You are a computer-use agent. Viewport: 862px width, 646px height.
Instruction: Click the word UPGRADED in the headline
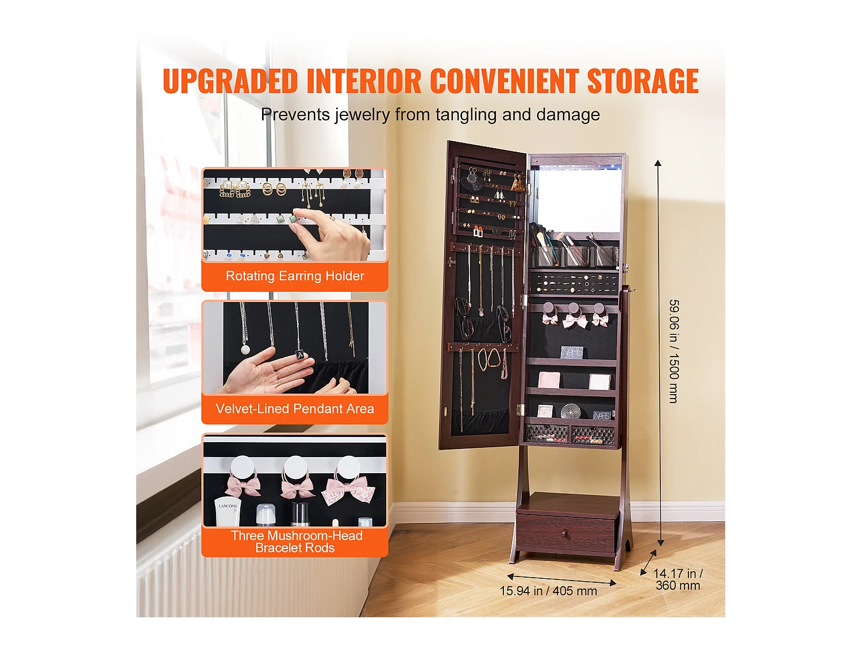click(230, 81)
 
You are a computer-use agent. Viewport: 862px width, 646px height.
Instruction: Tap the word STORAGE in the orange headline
click(642, 81)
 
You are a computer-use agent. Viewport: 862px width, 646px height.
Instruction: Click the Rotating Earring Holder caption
click(295, 276)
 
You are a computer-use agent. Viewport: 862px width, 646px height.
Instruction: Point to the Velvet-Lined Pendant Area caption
click(295, 409)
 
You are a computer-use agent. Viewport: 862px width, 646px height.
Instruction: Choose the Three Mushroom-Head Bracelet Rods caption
click(295, 541)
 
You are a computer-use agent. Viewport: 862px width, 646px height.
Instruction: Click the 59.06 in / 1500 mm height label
click(674, 351)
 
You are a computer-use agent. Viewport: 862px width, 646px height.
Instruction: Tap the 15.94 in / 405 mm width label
click(548, 591)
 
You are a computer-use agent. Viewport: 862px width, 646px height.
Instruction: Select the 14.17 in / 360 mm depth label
click(678, 579)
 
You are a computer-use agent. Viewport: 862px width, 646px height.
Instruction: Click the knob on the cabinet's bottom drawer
click(565, 535)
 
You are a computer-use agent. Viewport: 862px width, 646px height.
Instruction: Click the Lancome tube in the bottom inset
click(228, 512)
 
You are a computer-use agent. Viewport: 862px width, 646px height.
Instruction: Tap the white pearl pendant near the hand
click(245, 349)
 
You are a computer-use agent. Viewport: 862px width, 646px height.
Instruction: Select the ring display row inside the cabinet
click(574, 283)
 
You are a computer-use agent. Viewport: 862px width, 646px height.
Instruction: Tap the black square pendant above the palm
click(299, 355)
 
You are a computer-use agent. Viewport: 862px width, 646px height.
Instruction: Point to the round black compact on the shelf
click(570, 411)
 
